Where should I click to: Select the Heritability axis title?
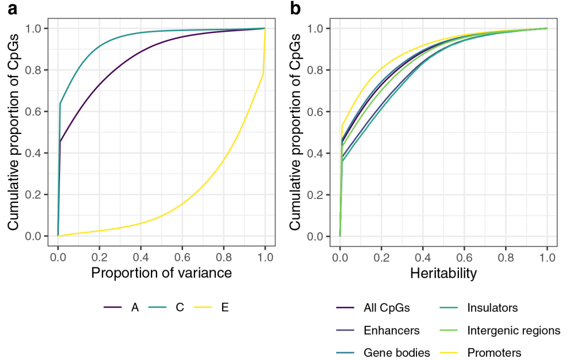443,273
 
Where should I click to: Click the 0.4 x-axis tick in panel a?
141,257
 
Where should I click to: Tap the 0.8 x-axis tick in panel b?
506,257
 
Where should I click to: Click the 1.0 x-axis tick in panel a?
265,257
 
